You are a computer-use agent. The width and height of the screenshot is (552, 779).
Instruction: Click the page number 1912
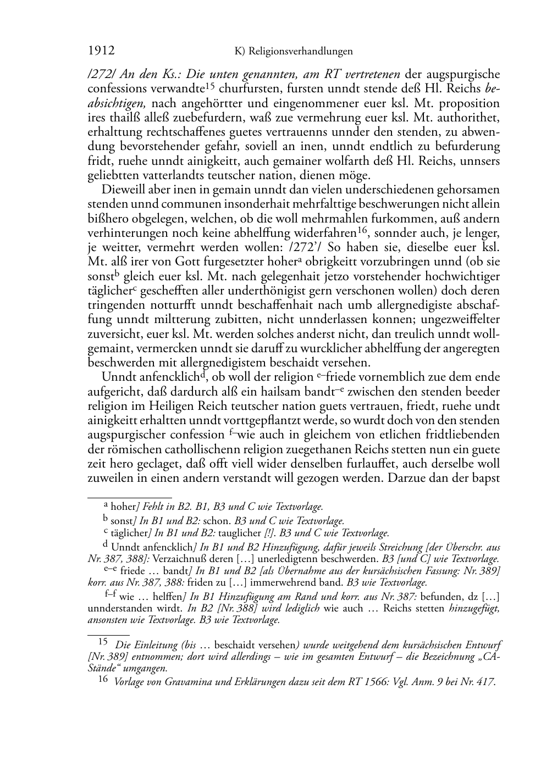click(x=101, y=51)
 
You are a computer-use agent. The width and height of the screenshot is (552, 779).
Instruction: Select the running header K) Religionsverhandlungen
click(x=293, y=52)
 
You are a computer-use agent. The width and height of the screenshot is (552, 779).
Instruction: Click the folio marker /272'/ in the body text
click(x=307, y=248)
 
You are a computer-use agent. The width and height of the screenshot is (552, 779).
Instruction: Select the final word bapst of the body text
click(x=484, y=477)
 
